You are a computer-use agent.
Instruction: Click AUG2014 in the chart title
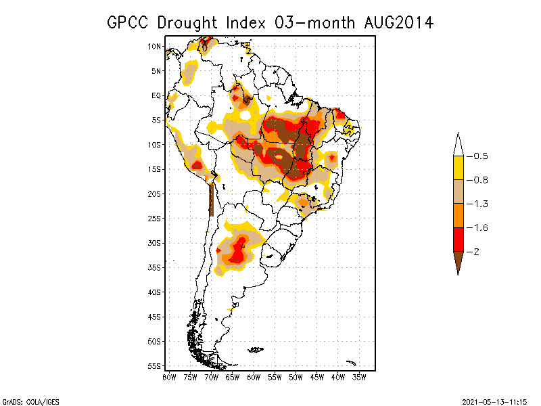click(396, 22)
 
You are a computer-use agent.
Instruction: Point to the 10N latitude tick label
click(154, 46)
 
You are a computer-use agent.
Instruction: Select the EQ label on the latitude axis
click(156, 95)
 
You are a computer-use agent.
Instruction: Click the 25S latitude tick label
click(154, 218)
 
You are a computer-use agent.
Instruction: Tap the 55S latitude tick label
click(154, 365)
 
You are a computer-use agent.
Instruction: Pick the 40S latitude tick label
click(154, 292)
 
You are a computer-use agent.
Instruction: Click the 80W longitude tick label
click(169, 377)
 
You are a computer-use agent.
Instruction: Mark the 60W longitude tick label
click(254, 377)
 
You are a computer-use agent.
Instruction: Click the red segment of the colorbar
click(458, 239)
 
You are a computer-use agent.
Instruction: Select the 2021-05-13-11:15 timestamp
click(494, 401)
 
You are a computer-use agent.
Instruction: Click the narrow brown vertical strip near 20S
click(212, 199)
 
